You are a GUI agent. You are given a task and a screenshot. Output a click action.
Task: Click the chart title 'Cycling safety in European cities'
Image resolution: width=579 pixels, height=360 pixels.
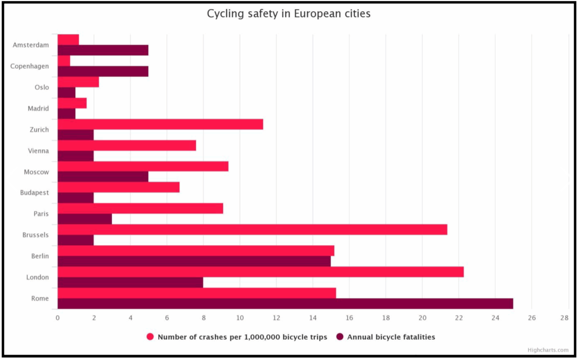289,14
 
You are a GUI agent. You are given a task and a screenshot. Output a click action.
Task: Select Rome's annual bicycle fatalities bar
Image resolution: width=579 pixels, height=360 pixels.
286,304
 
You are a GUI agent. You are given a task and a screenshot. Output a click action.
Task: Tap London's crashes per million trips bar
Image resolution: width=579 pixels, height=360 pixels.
261,272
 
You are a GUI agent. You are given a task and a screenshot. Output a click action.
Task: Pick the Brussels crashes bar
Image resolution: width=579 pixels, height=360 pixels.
252,230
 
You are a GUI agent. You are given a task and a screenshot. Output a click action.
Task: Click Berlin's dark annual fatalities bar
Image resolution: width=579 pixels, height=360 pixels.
194,261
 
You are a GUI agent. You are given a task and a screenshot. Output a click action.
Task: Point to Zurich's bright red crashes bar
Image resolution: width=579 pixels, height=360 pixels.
160,124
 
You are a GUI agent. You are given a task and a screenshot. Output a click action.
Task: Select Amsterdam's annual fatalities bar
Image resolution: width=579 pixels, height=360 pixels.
103,50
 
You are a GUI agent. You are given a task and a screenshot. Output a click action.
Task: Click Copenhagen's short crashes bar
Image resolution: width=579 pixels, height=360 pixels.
64,61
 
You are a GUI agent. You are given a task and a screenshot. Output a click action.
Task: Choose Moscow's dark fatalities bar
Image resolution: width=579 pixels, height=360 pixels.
103,177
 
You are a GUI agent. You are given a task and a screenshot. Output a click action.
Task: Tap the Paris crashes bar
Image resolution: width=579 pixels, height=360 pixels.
140,209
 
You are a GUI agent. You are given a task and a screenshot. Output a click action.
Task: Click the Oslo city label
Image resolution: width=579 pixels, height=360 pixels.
42,88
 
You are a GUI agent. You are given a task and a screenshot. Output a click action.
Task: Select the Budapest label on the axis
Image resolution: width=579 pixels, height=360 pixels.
34,193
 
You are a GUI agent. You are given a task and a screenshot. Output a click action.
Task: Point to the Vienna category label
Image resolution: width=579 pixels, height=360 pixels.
39,151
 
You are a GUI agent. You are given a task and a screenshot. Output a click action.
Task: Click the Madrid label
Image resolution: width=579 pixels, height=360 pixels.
39,109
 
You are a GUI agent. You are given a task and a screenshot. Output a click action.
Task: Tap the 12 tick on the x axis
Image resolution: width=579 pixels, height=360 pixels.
276,318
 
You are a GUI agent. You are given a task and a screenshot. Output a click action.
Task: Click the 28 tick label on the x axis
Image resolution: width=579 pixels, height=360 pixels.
565,318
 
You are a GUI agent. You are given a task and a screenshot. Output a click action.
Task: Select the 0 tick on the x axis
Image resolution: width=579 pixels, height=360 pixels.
58,318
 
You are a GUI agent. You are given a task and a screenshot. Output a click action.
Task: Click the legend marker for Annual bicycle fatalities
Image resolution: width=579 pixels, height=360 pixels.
340,337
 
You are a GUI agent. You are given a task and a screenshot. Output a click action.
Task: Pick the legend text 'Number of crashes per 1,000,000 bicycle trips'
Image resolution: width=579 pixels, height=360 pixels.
242,337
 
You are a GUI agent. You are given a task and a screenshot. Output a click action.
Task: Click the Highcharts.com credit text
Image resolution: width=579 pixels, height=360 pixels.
548,350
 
